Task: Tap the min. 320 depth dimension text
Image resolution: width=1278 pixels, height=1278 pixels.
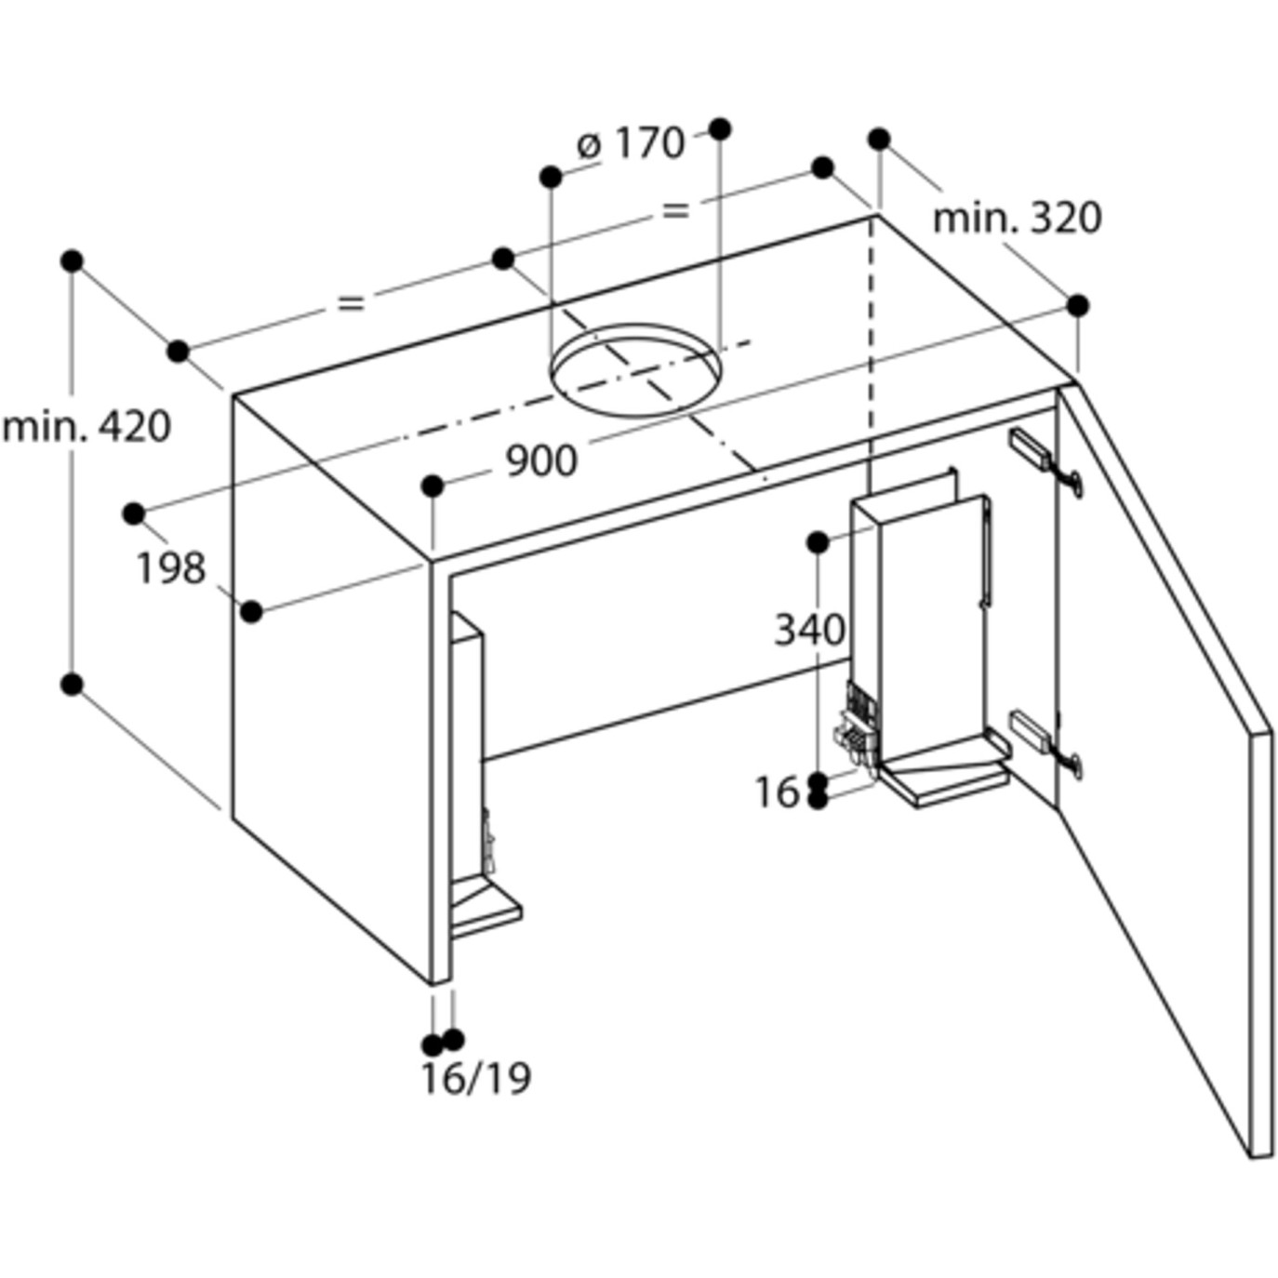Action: point(1017,219)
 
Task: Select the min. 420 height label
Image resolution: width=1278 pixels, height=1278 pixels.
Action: point(87,427)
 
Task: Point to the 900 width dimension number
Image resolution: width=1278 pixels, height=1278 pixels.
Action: point(542,461)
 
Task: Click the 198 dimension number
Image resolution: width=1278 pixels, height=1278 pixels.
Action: point(171,568)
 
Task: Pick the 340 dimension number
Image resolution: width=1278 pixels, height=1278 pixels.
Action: point(810,630)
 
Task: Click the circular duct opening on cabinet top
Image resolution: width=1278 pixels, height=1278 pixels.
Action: point(635,369)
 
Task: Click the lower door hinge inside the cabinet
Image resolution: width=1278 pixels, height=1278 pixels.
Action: point(1046,743)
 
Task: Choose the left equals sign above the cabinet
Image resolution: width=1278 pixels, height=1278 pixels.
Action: point(351,303)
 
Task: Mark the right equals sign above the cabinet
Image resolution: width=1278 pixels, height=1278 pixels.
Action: point(675,211)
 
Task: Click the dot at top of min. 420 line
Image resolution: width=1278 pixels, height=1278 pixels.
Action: point(72,260)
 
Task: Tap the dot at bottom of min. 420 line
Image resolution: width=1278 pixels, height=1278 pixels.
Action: point(72,684)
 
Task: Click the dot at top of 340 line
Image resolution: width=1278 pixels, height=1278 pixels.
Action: point(818,543)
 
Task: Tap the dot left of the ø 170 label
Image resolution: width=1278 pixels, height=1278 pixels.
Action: point(551,177)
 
